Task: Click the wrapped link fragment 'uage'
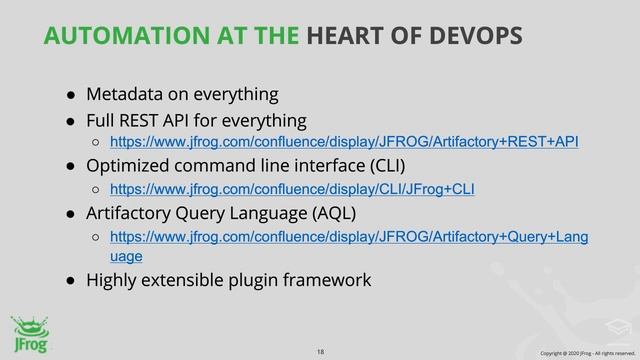pyautogui.click(x=126, y=256)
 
